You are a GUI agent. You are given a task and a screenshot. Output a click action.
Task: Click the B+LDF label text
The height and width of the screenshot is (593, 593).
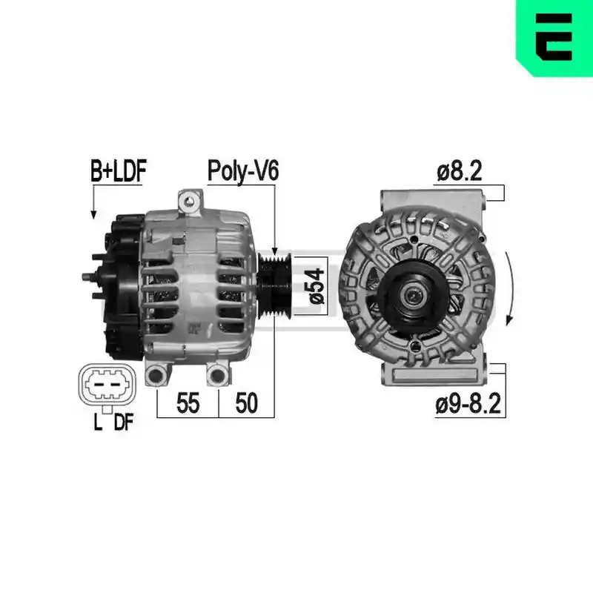(x=119, y=171)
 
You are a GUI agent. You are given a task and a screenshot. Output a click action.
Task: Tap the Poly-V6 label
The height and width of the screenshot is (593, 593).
(x=243, y=171)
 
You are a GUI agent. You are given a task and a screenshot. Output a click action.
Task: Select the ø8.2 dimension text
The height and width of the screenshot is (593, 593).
(x=459, y=171)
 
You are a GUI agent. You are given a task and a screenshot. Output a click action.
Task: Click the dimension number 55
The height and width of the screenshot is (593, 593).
(x=188, y=403)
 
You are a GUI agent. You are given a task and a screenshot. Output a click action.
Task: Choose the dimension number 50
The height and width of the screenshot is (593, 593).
(x=247, y=403)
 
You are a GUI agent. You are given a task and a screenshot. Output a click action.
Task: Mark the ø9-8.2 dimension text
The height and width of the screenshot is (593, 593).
(x=468, y=403)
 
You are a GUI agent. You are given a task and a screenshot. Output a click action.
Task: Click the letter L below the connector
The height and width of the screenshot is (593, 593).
(x=98, y=422)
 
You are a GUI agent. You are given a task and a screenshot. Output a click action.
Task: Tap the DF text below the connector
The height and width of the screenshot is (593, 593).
(x=125, y=422)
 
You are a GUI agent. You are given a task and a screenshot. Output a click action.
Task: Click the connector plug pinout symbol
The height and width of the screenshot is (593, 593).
(x=107, y=385)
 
